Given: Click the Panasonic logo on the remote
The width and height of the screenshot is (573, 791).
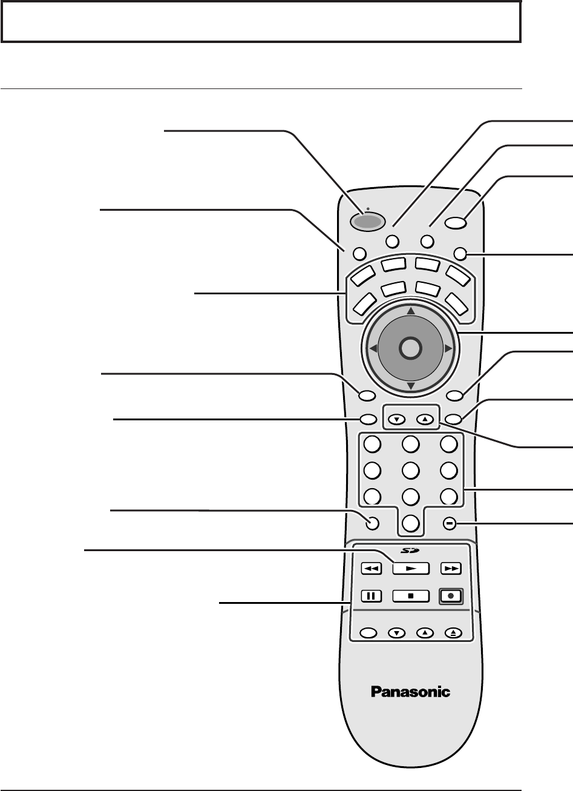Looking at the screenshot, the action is tap(410, 692).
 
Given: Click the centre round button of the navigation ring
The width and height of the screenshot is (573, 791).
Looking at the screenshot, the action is tap(410, 348).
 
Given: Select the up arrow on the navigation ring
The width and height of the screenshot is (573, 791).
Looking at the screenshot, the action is tap(410, 311).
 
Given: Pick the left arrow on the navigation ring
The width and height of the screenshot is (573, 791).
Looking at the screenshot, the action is tap(373, 348).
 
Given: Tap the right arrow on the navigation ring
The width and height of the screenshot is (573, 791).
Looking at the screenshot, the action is tap(447, 348).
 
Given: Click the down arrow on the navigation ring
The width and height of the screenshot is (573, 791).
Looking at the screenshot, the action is tap(410, 386).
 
